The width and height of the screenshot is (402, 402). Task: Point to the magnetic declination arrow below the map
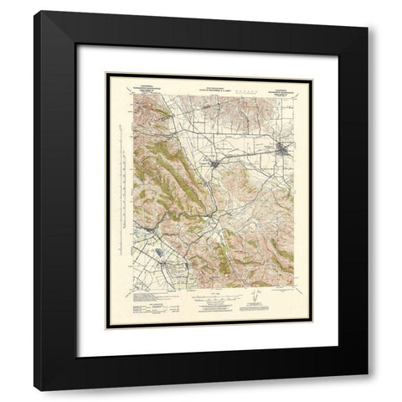click(257, 301)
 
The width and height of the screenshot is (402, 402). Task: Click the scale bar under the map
click(214, 297)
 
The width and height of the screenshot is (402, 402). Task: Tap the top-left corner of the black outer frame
click(35, 12)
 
